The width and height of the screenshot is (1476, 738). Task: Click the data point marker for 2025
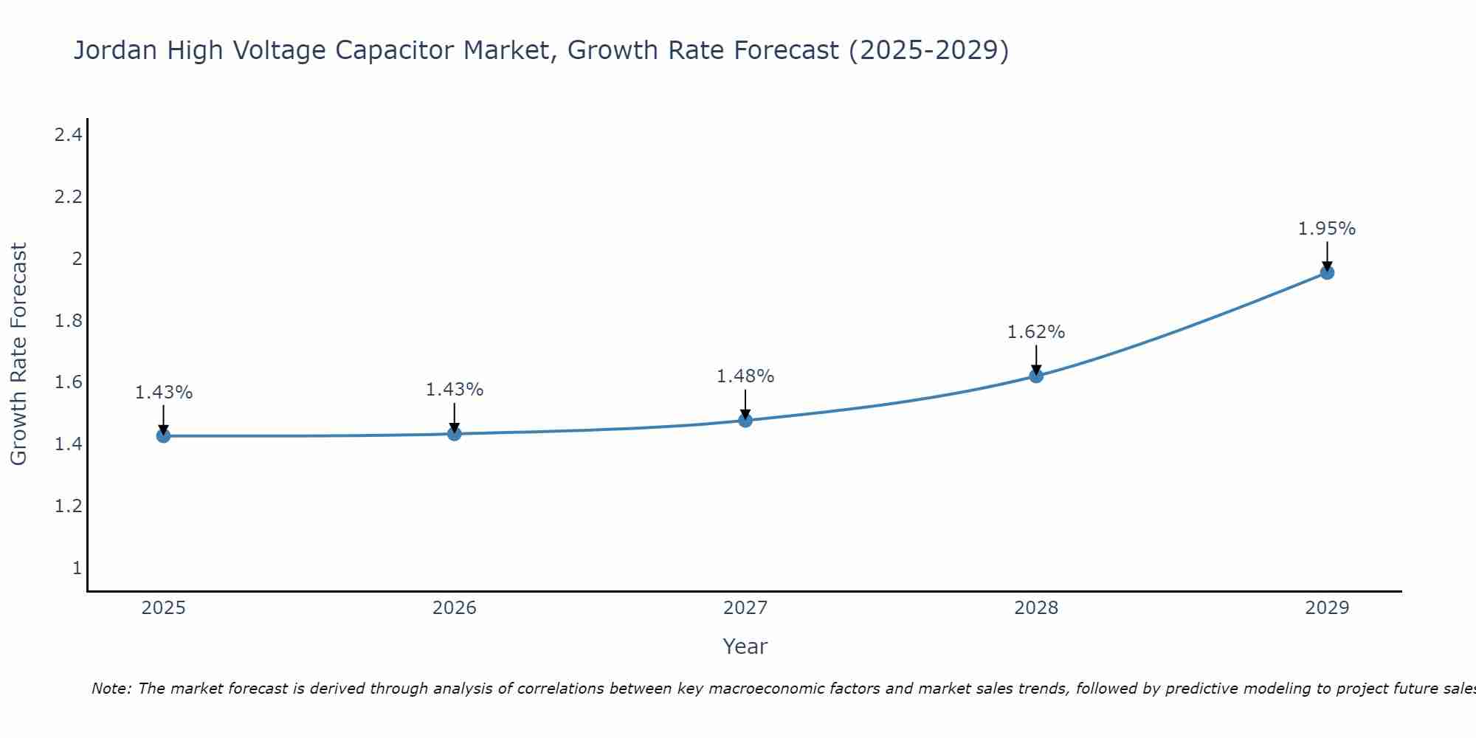pos(163,436)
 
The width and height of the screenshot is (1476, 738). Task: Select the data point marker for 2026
pos(455,434)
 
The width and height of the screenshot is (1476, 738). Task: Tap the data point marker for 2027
pos(745,421)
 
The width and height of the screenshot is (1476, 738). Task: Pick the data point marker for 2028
pos(1036,376)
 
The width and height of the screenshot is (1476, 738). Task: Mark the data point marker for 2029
pos(1327,273)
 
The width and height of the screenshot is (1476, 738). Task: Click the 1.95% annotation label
pos(1326,229)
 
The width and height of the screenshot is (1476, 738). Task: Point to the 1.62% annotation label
pos(1035,332)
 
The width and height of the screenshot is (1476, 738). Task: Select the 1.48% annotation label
pos(745,376)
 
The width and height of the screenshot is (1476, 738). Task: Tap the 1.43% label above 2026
pos(454,390)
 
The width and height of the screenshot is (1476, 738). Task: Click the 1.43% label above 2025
pos(163,393)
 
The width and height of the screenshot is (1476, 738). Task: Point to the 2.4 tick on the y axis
pos(68,135)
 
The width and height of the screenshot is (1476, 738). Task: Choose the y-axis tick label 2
pos(77,259)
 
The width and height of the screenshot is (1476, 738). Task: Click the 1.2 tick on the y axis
pos(68,506)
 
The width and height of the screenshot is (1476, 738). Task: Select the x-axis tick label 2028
pos(1035,608)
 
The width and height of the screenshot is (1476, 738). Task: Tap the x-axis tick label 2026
pos(454,608)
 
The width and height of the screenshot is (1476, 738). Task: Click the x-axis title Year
pos(745,646)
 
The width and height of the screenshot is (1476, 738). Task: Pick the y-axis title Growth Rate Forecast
pos(18,354)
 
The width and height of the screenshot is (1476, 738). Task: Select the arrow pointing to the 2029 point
pos(1327,256)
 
